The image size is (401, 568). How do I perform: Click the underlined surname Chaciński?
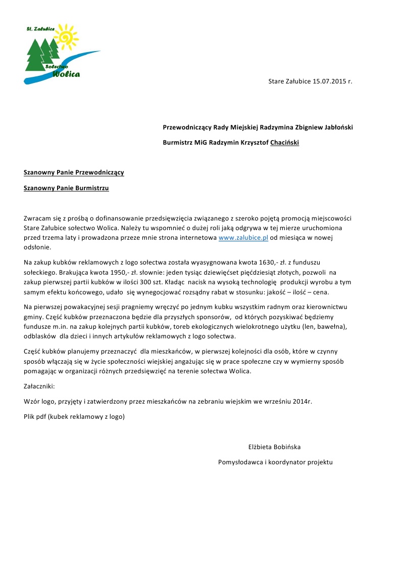pyautogui.click(x=284, y=143)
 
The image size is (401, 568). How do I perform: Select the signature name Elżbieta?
pyautogui.click(x=261, y=447)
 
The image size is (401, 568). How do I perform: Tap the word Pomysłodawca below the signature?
pyautogui.click(x=240, y=462)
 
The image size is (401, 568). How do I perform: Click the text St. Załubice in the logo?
pyautogui.click(x=40, y=30)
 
